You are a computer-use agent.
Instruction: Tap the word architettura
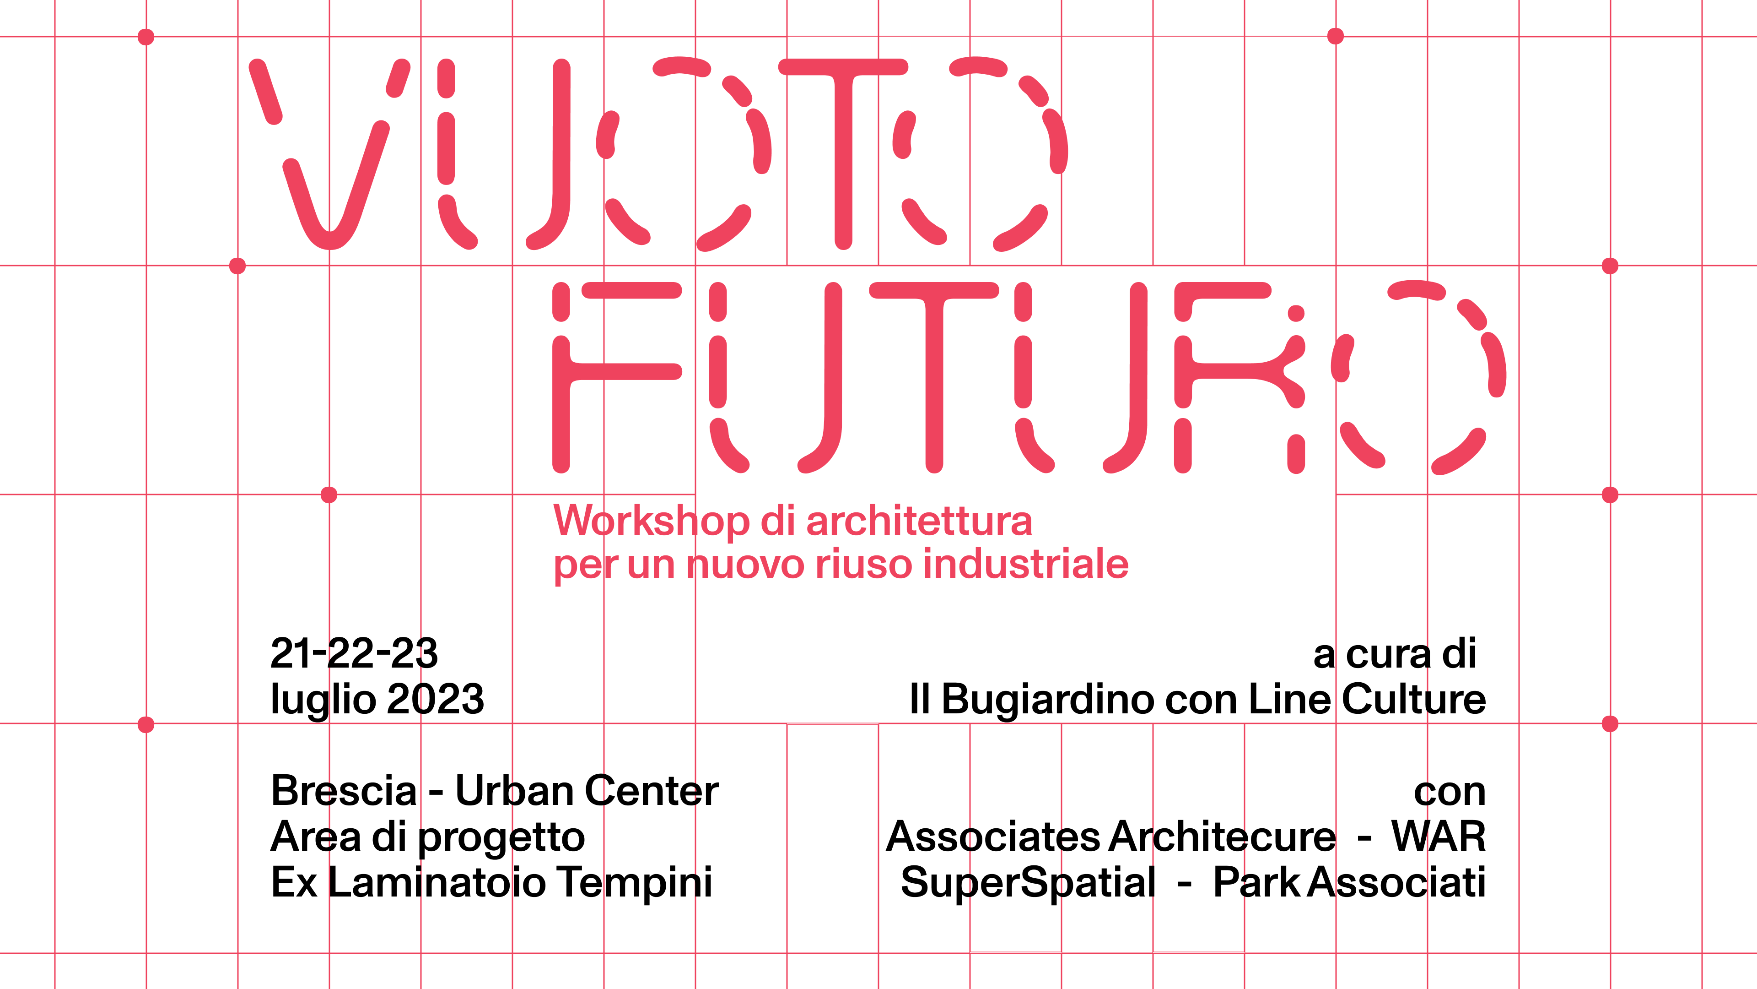(x=919, y=521)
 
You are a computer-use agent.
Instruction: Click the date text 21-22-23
(x=354, y=653)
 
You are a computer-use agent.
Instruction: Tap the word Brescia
(x=344, y=790)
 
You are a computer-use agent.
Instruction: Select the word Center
(x=652, y=790)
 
